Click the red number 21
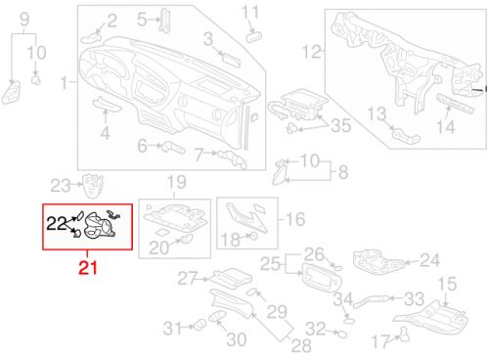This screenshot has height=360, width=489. [x=88, y=268]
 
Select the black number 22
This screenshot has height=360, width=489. [x=57, y=223]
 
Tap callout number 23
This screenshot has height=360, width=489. [x=61, y=186]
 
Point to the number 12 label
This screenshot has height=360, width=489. [x=312, y=52]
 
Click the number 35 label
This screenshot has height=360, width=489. [x=340, y=125]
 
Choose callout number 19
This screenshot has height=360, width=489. [x=177, y=182]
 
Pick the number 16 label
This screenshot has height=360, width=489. [x=295, y=219]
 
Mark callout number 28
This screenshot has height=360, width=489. [x=301, y=345]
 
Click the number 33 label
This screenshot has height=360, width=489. [x=415, y=298]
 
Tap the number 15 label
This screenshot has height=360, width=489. [x=447, y=284]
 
